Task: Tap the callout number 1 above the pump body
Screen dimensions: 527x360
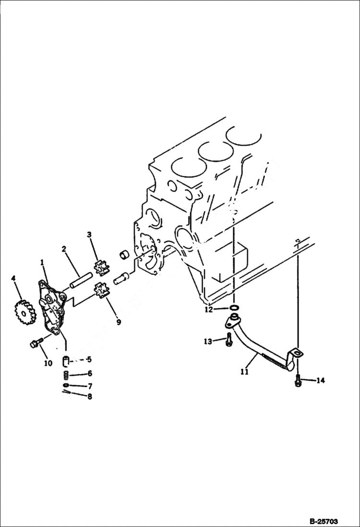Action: pyautogui.click(x=43, y=263)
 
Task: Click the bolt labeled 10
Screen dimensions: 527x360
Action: pyautogui.click(x=35, y=343)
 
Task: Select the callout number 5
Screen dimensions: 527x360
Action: pyautogui.click(x=89, y=359)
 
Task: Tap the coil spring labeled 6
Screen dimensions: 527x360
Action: pyautogui.click(x=67, y=374)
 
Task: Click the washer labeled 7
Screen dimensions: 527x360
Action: pyautogui.click(x=66, y=385)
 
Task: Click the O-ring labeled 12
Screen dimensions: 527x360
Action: pyautogui.click(x=233, y=308)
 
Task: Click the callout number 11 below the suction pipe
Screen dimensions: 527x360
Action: pyautogui.click(x=245, y=371)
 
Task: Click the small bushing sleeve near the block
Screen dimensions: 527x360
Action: pyautogui.click(x=124, y=254)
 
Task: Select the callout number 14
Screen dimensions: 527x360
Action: pyautogui.click(x=320, y=380)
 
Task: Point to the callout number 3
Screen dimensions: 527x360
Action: pyautogui.click(x=89, y=234)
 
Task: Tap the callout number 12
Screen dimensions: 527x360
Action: pyautogui.click(x=208, y=310)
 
